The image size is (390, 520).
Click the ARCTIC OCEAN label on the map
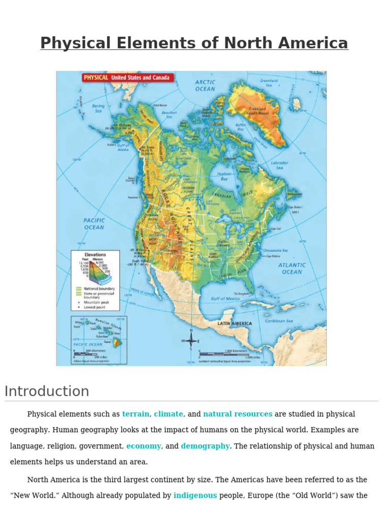point(205,85)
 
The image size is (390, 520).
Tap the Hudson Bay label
point(224,177)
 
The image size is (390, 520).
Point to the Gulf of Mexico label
point(225,299)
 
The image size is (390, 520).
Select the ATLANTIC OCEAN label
point(292,268)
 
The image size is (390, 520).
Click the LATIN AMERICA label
point(235,323)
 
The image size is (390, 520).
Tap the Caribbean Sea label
point(279,321)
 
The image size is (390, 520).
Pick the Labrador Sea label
point(279,165)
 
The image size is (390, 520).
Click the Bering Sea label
point(98,109)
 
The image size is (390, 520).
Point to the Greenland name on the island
point(258,110)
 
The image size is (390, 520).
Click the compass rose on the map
point(191,341)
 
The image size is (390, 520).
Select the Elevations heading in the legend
point(95,254)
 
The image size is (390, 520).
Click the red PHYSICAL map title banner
point(127,78)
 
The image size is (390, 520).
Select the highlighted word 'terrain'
point(136,414)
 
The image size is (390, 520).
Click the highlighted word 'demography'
point(205,446)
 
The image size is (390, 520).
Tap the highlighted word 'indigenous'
point(195,495)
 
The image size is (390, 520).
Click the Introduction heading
point(47,392)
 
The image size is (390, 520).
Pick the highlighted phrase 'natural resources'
point(238,414)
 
